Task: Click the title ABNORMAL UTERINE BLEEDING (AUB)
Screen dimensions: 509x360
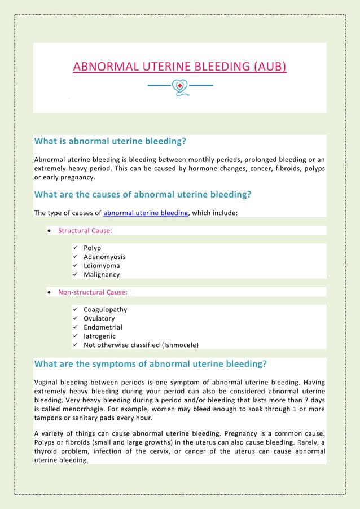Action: pos(179,68)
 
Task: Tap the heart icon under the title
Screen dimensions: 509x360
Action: pos(179,86)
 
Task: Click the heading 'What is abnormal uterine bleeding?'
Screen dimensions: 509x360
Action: pos(110,141)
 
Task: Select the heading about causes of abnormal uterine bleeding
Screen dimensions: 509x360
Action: pos(142,195)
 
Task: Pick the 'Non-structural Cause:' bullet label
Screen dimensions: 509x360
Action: pos(93,292)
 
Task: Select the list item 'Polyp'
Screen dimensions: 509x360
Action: pos(92,248)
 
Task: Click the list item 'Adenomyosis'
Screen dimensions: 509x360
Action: pos(104,257)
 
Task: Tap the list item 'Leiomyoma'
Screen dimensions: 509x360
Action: pos(102,265)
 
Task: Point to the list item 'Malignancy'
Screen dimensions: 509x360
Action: pos(102,274)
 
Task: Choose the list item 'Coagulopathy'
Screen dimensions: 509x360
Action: pos(105,309)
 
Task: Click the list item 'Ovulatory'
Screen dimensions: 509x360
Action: pos(99,318)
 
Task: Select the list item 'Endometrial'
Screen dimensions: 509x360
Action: pos(103,327)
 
